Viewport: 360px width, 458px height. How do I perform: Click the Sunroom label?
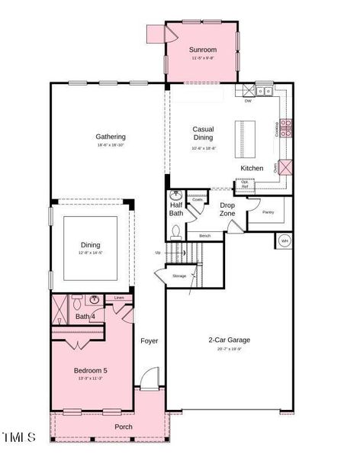click(x=202, y=50)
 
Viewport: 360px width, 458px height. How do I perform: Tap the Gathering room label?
click(x=111, y=137)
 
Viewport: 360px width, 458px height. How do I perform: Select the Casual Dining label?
click(x=203, y=133)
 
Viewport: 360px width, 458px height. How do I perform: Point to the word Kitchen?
click(x=252, y=168)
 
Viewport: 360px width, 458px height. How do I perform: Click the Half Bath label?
click(x=175, y=209)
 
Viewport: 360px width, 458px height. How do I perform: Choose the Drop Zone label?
click(x=227, y=209)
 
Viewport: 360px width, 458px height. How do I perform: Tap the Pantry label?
click(x=268, y=211)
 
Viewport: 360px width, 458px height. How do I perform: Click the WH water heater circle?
click(x=283, y=240)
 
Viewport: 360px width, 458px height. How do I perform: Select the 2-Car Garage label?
click(x=229, y=340)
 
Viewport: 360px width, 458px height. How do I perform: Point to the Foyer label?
click(x=149, y=340)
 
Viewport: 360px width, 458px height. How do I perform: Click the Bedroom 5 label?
click(x=90, y=370)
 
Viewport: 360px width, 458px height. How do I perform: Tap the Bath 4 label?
click(x=85, y=316)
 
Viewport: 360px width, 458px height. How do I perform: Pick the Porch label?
click(x=124, y=427)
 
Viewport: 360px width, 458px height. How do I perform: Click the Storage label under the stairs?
click(x=179, y=275)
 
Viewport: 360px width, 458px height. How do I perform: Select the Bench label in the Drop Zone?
click(x=204, y=236)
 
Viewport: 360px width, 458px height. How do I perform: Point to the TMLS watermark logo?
click(x=19, y=437)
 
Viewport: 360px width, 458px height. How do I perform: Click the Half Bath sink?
click(x=175, y=195)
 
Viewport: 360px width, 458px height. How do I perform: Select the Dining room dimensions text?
click(x=90, y=253)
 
